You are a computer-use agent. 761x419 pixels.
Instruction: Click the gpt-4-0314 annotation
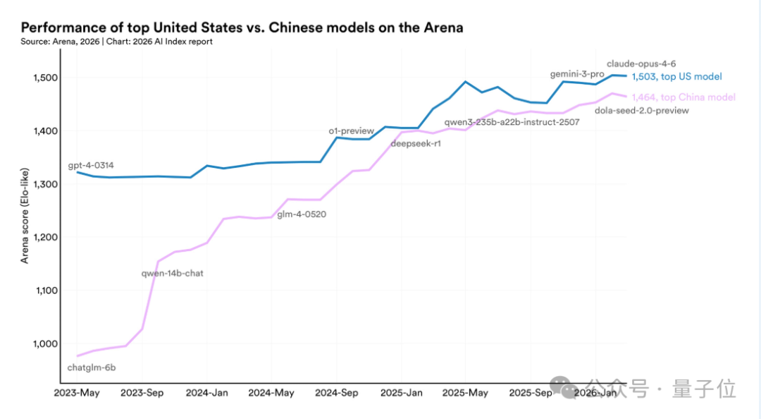[91, 165]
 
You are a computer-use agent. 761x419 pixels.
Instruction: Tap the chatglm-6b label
[91, 367]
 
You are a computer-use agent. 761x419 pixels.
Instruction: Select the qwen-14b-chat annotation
[173, 273]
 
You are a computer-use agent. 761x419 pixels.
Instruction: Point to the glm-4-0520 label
[302, 214]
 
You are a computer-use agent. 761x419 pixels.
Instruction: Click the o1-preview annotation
[352, 131]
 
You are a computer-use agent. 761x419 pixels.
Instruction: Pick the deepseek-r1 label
[416, 145]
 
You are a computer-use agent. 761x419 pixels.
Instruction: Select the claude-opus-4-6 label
[642, 63]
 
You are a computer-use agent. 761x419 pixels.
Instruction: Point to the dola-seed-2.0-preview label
[642, 110]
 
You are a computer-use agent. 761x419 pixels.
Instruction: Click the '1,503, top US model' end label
[676, 77]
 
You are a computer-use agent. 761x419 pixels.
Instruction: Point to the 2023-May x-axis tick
[77, 393]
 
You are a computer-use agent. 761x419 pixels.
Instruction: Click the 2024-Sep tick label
[336, 393]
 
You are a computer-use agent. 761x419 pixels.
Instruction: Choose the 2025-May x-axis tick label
[466, 393]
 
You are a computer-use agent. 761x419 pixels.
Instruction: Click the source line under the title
[116, 42]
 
